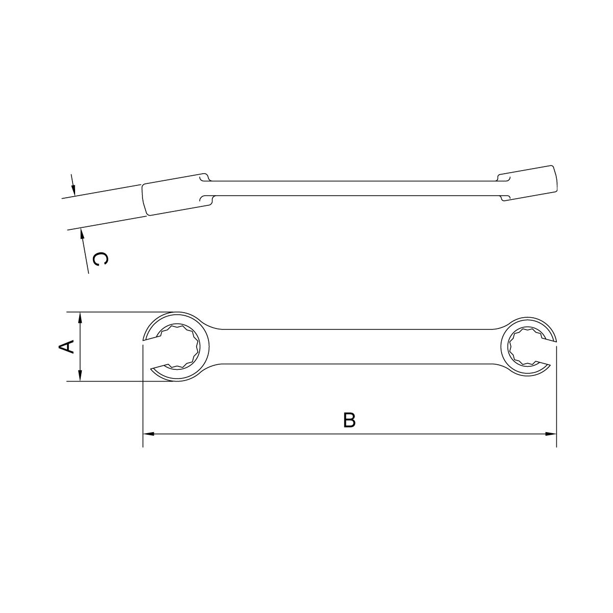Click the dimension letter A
pyautogui.click(x=67, y=347)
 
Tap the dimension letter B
pyautogui.click(x=349, y=420)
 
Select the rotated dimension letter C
pyautogui.click(x=101, y=260)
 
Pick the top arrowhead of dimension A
pyautogui.click(x=80, y=317)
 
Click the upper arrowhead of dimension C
pyautogui.click(x=74, y=190)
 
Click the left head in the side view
pyautogui.click(x=174, y=194)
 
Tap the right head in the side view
pyautogui.click(x=529, y=183)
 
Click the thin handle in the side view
pyautogui.click(x=352, y=188)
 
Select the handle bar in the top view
pyautogui.click(x=352, y=347)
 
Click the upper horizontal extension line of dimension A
pyautogui.click(x=117, y=312)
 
